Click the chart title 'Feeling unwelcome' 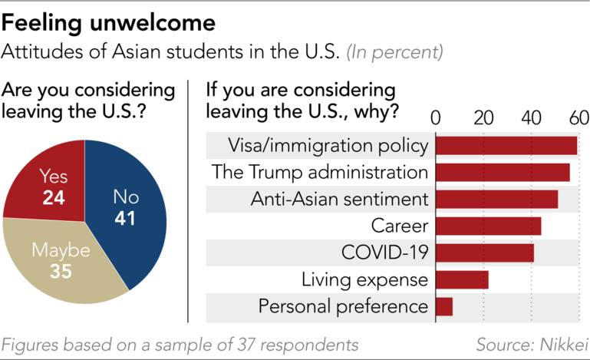pyautogui.click(x=108, y=22)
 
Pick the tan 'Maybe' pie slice pyautogui.click(x=61, y=261)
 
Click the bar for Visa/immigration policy pyautogui.click(x=506, y=146)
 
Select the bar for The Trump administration pyautogui.click(x=503, y=172)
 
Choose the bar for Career pyautogui.click(x=488, y=226)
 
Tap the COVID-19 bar pyautogui.click(x=484, y=253)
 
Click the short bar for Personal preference pyautogui.click(x=444, y=306)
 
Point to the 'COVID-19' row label pyautogui.click(x=384, y=253)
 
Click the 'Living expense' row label pyautogui.click(x=364, y=279)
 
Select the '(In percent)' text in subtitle pyautogui.click(x=394, y=54)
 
